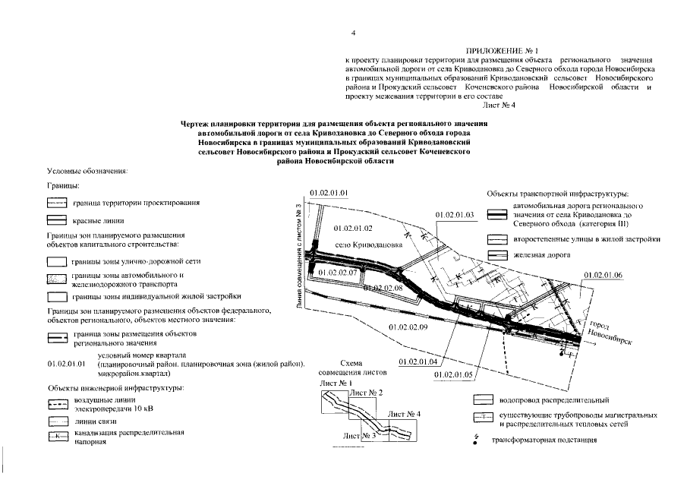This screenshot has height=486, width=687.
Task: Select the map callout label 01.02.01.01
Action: pyautogui.click(x=330, y=193)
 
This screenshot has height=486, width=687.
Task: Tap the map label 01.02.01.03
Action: pyautogui.click(x=455, y=216)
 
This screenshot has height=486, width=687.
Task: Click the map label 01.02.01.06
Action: pyautogui.click(x=603, y=274)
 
